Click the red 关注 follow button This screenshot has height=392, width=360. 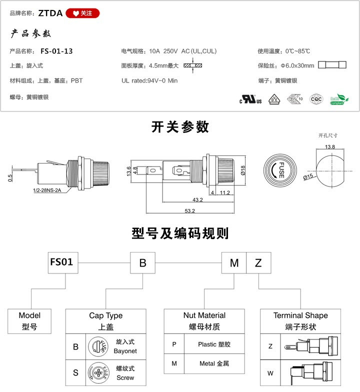tap(82, 13)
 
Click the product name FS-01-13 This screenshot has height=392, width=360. tap(56, 51)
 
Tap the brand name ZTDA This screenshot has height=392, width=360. tap(50, 13)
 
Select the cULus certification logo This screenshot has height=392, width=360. tap(250, 99)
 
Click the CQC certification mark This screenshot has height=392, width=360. tap(316, 99)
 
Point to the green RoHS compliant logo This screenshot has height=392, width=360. tap(339, 99)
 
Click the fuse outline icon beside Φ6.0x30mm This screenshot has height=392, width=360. tap(332, 65)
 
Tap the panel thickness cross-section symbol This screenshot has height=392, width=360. tap(193, 65)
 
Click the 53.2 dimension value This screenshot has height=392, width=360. tap(190, 211)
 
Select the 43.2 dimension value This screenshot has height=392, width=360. tap(197, 200)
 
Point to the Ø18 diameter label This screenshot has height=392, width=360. tap(243, 170)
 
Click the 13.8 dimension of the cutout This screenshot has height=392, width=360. tap(330, 147)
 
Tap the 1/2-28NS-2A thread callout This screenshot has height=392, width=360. tap(47, 190)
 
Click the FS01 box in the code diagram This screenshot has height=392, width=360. tap(63, 262)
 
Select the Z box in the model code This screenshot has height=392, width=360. tap(258, 263)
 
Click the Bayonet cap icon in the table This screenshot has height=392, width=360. tap(98, 346)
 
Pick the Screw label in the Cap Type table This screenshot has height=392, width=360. tap(125, 377)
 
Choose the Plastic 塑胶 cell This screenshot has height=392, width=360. tap(214, 344)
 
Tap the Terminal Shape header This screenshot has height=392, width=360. tap(300, 315)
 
